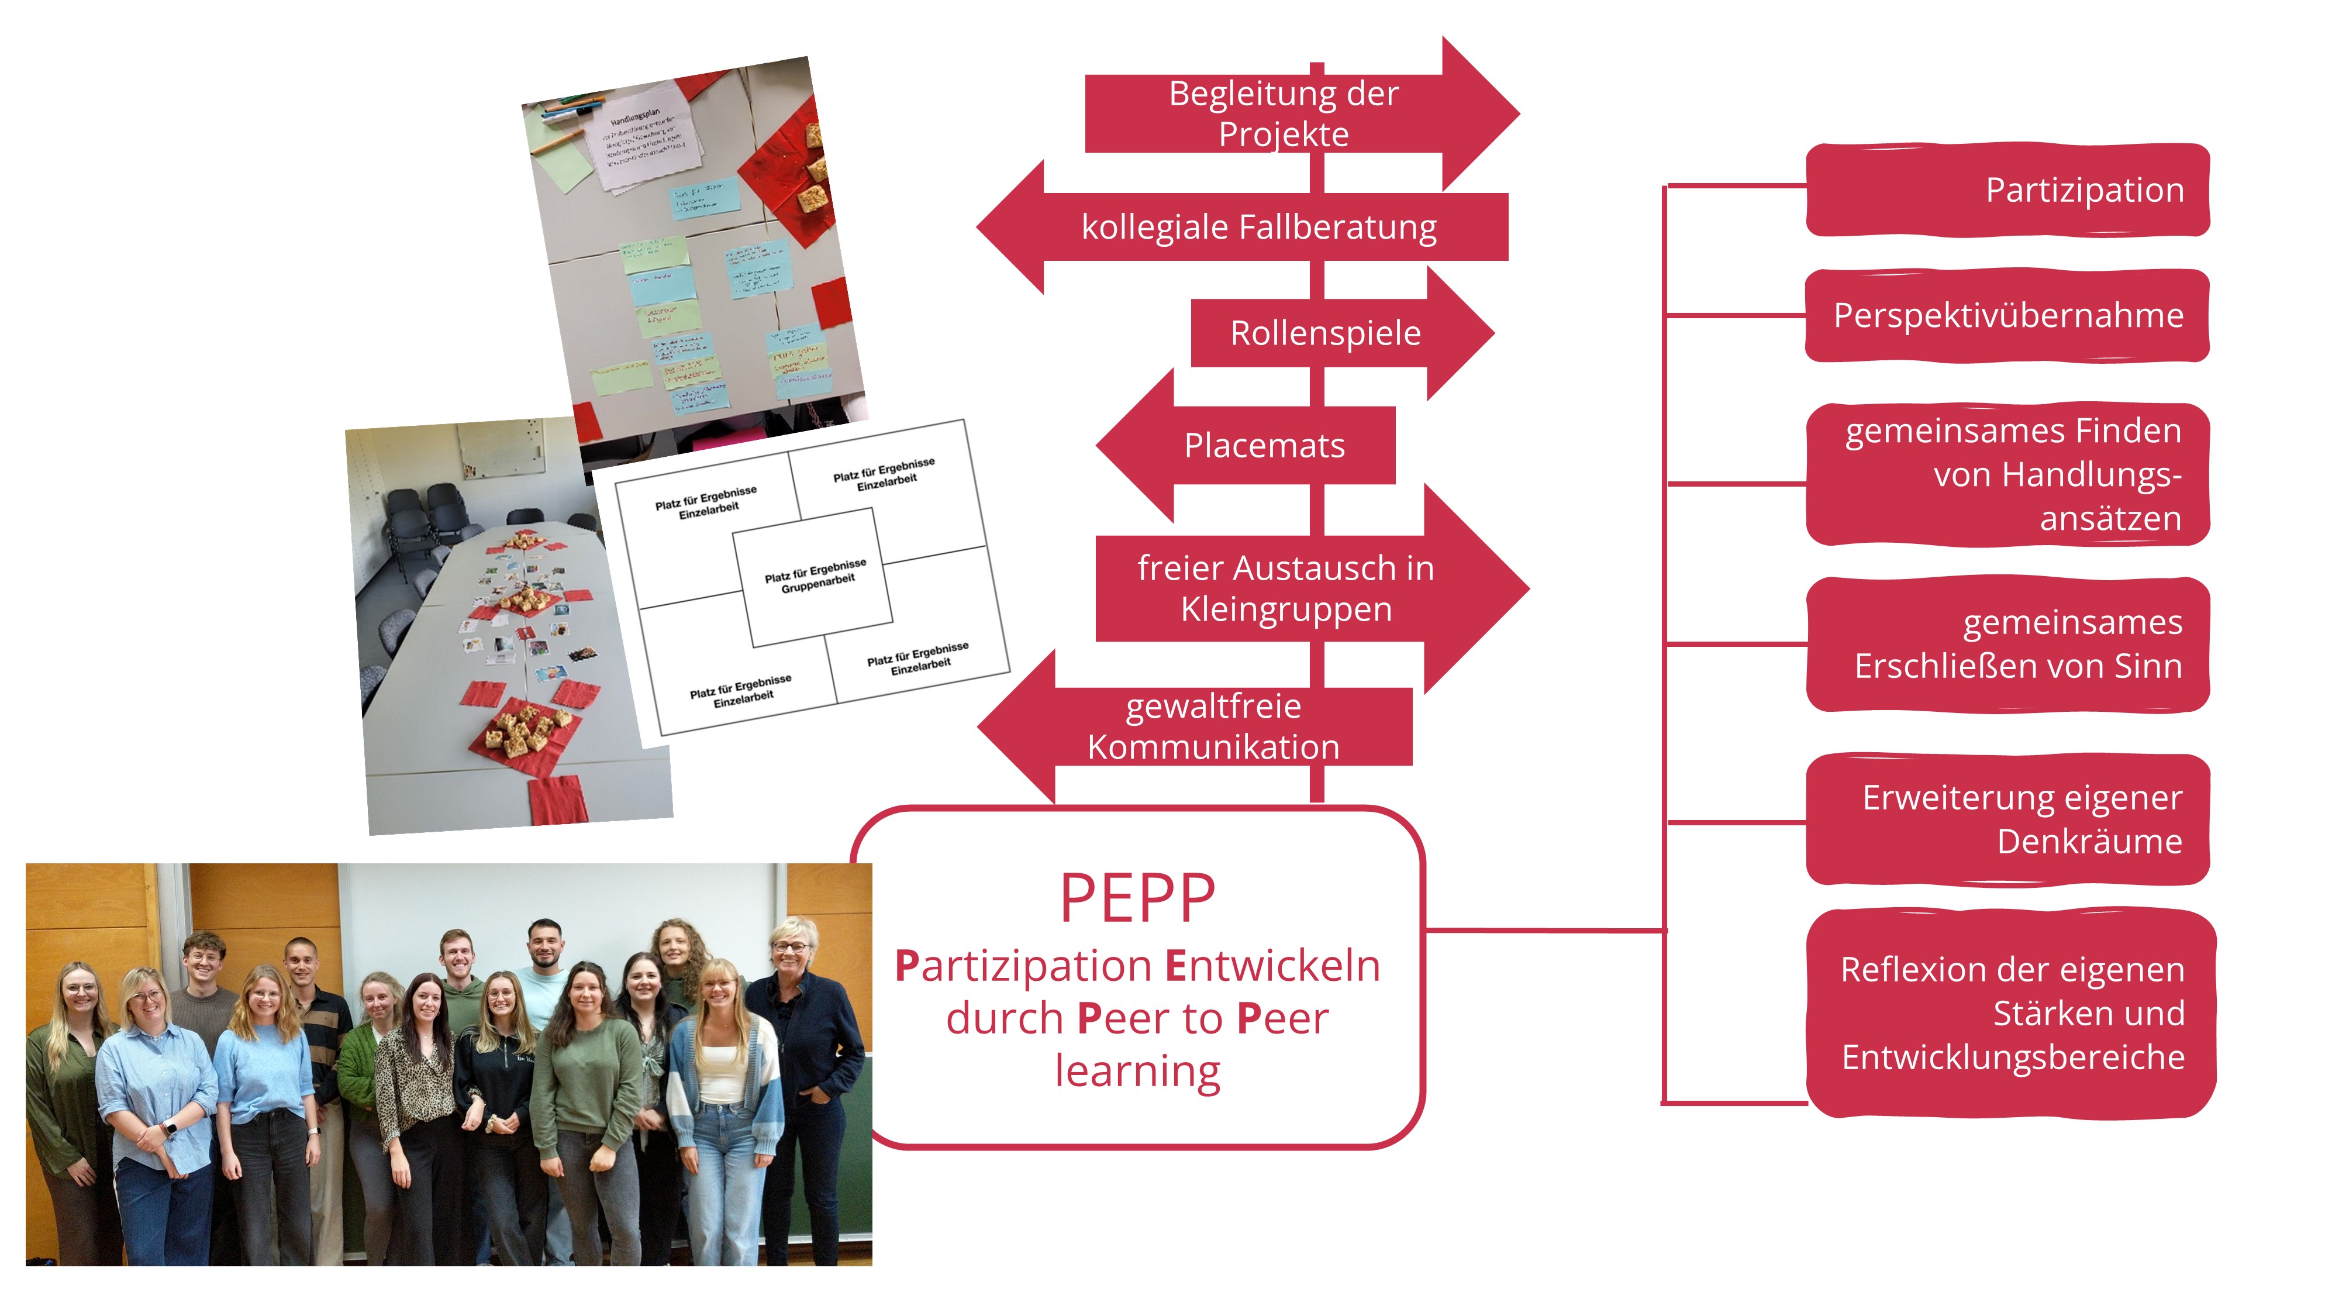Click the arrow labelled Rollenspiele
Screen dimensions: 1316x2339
point(1326,333)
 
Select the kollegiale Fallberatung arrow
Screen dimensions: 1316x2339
point(1258,227)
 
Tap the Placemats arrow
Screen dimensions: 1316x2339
point(1264,445)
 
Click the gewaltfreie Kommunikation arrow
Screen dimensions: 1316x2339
point(1213,726)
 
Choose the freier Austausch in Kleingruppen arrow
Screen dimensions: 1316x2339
point(1286,588)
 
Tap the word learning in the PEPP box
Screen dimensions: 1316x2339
point(1137,1071)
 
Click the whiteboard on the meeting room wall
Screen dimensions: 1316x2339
point(499,450)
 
